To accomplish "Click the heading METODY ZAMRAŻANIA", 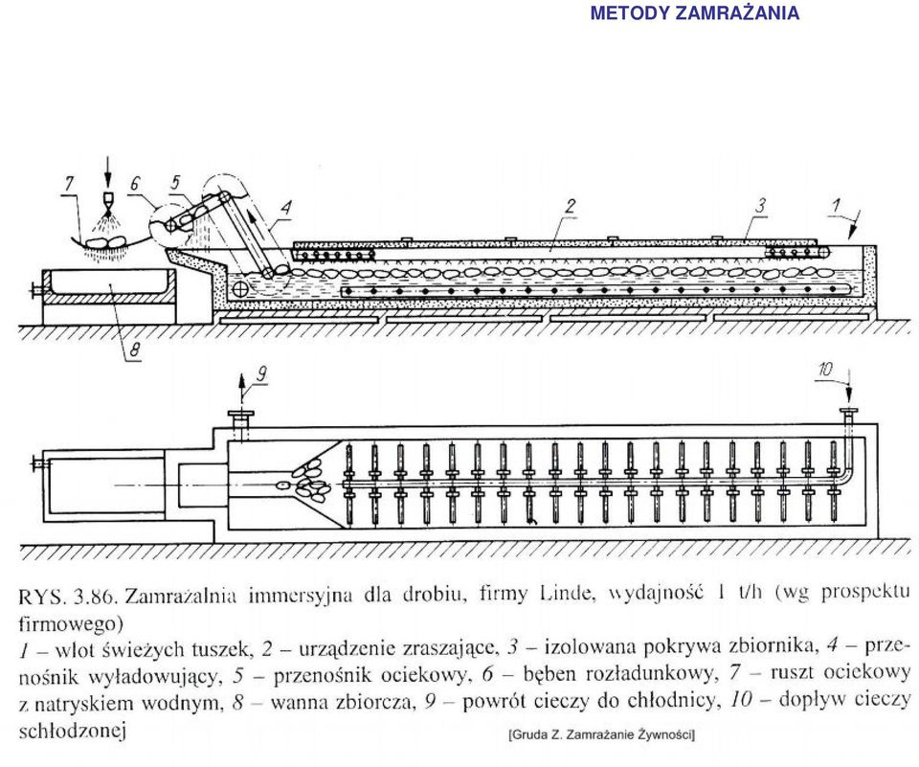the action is click(695, 12).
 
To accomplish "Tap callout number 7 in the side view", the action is click(70, 184).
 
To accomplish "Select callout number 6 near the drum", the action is click(135, 184).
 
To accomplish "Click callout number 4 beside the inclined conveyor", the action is click(286, 208).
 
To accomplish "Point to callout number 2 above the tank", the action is click(569, 206).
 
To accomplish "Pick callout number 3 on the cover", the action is click(760, 205).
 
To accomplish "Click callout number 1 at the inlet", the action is click(837, 205).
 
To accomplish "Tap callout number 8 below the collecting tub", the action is click(134, 350).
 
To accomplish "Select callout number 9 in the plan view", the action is click(262, 373).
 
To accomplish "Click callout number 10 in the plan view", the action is click(825, 369).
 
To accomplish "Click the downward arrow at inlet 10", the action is click(847, 390).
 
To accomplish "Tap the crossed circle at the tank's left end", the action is click(239, 288).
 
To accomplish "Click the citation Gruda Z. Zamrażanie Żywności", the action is click(602, 734).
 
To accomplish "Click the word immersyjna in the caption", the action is click(301, 596).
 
